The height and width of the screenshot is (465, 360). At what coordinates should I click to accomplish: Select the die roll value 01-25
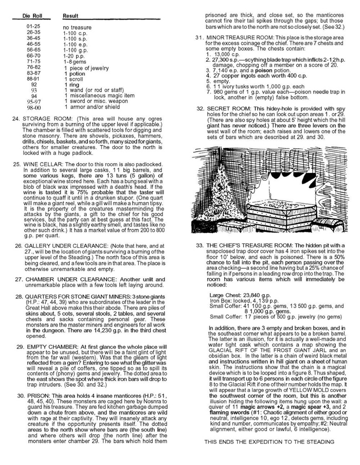[33, 27]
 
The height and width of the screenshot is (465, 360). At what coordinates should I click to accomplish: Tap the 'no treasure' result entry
[77, 27]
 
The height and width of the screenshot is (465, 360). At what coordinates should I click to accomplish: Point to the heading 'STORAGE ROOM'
[44, 118]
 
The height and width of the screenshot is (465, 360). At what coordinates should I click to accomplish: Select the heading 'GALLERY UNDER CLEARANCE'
[68, 246]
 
